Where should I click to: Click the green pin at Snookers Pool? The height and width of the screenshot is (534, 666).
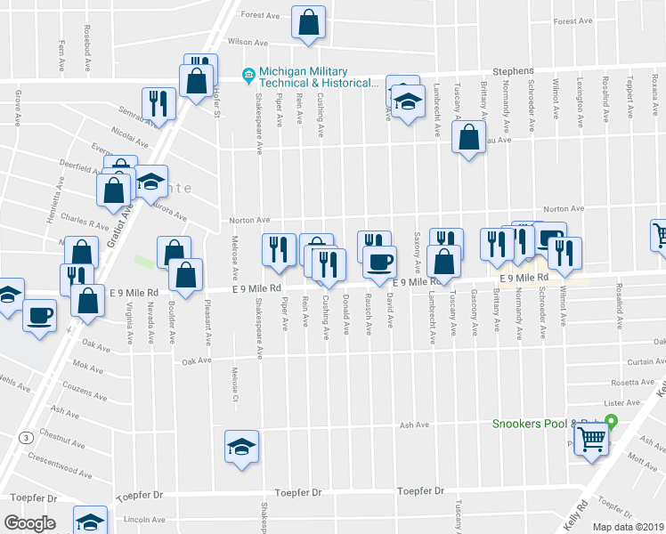(611, 424)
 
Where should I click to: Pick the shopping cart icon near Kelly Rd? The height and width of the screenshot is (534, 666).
(592, 439)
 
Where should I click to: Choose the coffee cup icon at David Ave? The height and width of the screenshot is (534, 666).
(380, 262)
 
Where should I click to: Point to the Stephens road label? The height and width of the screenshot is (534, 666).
(514, 71)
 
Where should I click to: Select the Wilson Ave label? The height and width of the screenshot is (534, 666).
(248, 42)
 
